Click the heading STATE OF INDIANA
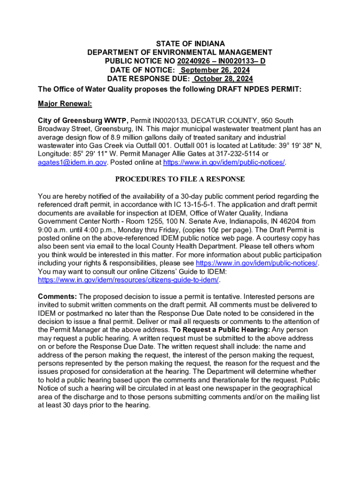coord(180,44)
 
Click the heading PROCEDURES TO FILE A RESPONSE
coord(180,179)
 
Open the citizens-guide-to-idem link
coord(128,280)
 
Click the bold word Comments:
coord(58,297)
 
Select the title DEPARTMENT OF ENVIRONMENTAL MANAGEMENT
coord(180,52)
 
